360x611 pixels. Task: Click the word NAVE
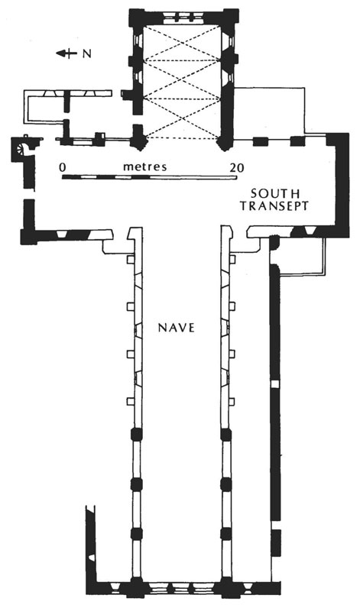176,328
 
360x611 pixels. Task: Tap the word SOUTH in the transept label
275,193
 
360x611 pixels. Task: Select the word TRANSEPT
274,205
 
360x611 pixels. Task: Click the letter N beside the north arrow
87,54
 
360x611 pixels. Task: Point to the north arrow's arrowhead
60,53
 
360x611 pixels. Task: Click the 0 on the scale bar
63,167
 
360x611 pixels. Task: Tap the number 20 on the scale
236,167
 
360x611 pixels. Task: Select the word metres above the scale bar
144,166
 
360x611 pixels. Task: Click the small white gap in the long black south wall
275,384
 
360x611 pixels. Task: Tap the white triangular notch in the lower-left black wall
92,558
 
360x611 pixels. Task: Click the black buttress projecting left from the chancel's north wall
127,95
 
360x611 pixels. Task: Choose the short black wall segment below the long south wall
276,542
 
